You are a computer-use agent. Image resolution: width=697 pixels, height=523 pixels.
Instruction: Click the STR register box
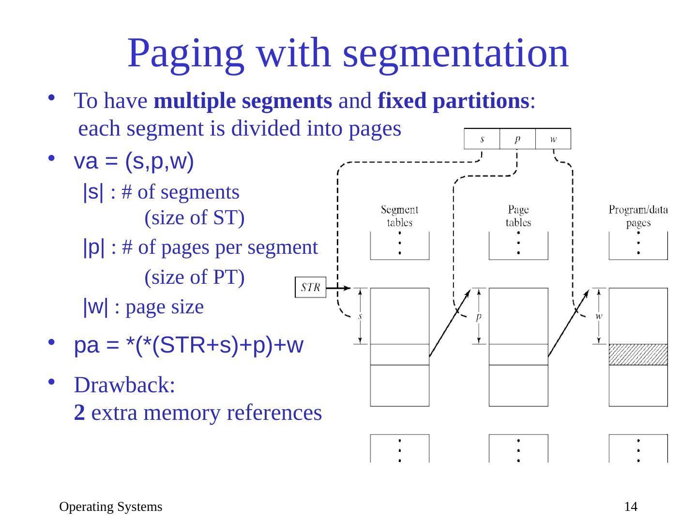pos(310,287)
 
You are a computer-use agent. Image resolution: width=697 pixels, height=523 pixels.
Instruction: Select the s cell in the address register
pos(482,139)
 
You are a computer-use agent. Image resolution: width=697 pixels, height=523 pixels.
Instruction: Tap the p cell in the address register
pos(517,139)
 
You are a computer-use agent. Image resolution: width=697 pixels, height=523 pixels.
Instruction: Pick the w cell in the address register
pos(553,139)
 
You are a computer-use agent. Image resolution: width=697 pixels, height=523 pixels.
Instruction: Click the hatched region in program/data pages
pos(638,354)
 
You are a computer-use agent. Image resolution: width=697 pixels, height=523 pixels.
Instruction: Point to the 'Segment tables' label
pos(399,216)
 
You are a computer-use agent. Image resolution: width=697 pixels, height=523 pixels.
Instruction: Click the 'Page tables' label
pos(518,216)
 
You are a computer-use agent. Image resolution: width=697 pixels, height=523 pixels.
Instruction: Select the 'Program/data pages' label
pos(638,216)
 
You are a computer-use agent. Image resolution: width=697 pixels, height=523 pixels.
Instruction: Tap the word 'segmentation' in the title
pos(455,53)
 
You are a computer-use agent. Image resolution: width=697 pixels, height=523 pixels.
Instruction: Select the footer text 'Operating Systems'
pos(110,507)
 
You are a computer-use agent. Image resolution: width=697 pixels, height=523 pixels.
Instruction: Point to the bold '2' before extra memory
pos(80,413)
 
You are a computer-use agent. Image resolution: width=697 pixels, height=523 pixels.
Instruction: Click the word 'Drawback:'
pos(124,385)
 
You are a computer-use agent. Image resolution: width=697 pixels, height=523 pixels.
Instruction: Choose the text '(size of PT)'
pos(195,277)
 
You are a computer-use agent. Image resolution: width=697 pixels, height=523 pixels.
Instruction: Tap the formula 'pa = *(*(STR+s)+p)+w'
pos(189,346)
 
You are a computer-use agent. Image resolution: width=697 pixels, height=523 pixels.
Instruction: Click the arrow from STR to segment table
pos(339,288)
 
